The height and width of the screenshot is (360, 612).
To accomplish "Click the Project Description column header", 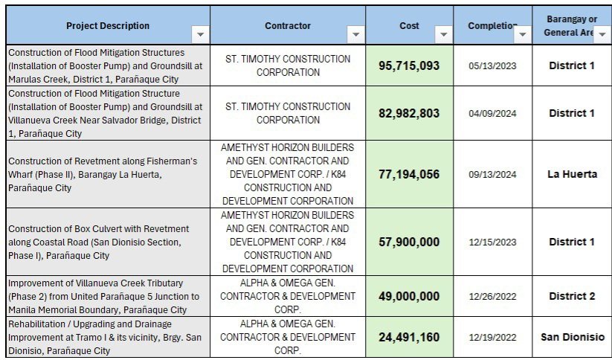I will click(x=108, y=26).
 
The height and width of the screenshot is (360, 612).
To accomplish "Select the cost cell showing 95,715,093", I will click(x=409, y=65).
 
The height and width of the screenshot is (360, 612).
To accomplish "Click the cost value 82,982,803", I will click(x=409, y=113).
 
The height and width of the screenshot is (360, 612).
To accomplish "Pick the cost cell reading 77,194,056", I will click(x=409, y=174).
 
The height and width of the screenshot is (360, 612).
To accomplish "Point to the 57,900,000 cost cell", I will click(x=409, y=242).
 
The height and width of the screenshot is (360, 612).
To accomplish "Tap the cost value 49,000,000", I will click(x=409, y=296).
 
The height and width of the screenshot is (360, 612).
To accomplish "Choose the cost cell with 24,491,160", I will click(x=409, y=337).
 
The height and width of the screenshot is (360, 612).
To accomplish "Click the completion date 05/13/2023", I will click(x=492, y=65).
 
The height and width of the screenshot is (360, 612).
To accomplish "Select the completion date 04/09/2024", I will click(x=492, y=113).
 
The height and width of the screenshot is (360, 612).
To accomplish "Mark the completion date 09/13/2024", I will click(x=492, y=174).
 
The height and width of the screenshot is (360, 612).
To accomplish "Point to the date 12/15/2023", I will click(x=492, y=242).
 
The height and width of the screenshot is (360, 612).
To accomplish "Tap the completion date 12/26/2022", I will click(x=492, y=296).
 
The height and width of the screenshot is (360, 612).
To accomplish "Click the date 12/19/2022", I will click(x=492, y=337).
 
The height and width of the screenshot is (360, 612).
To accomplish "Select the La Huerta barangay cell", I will click(x=572, y=174).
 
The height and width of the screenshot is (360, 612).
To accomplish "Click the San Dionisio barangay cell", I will click(x=572, y=337).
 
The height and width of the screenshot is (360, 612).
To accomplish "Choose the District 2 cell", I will click(x=572, y=296).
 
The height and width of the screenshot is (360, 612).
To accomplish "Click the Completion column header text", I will click(x=491, y=26).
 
